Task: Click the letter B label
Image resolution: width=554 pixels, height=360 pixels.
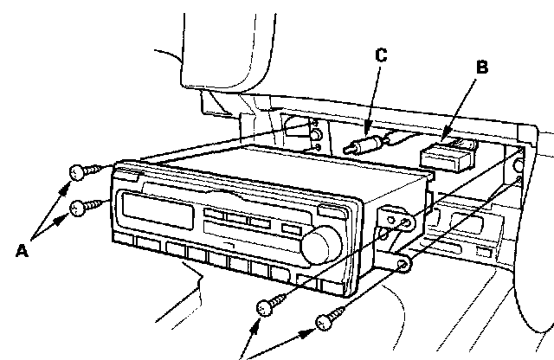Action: (x=482, y=66)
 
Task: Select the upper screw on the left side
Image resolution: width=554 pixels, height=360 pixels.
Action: (x=81, y=171)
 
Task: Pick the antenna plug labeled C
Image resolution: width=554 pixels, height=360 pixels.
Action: (x=363, y=144)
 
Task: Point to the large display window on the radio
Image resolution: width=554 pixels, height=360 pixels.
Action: (x=158, y=209)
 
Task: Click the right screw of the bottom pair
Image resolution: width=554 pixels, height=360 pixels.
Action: (x=328, y=321)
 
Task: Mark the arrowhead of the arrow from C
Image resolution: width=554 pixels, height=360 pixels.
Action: (x=368, y=130)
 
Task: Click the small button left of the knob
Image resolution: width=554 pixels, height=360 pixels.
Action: (x=292, y=231)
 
